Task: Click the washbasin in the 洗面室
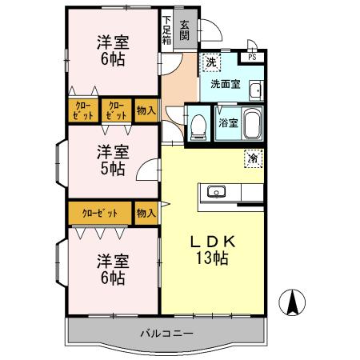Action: coord(255,90)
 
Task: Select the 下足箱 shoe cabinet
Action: coord(166,31)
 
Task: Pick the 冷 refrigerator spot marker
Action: coord(252,159)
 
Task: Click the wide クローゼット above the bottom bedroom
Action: coord(99,214)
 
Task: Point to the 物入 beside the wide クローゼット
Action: coord(146,214)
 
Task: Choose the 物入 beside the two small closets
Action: coord(145,110)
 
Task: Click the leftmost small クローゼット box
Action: coord(83,110)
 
